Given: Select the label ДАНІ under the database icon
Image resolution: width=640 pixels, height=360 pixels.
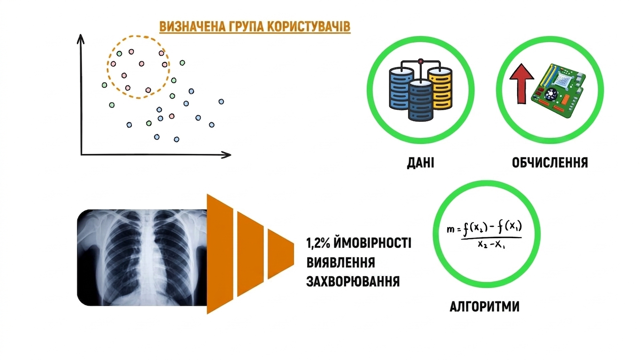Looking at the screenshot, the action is click(x=420, y=163).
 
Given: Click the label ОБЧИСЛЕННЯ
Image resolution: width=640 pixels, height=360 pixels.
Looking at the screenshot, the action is click(x=550, y=163).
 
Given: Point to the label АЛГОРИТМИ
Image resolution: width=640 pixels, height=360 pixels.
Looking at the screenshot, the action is click(x=485, y=307).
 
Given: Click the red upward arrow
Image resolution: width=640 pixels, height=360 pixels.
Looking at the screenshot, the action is click(x=522, y=83).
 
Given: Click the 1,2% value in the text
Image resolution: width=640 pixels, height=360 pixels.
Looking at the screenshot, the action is click(x=318, y=243).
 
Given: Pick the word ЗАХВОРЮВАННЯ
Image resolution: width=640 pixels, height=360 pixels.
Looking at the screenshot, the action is click(x=353, y=281).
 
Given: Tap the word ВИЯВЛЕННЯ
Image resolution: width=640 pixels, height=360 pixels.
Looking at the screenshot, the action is click(x=340, y=262).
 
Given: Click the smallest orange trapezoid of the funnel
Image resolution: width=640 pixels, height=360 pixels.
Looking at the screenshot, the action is click(x=280, y=254).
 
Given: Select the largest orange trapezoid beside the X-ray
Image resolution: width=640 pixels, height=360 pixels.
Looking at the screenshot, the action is click(x=220, y=254).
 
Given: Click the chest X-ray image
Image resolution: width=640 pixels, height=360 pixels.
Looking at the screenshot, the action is click(x=142, y=258).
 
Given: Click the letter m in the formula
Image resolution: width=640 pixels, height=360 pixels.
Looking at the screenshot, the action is click(x=451, y=229).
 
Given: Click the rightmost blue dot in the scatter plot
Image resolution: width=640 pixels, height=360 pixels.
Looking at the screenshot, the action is click(x=221, y=101).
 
